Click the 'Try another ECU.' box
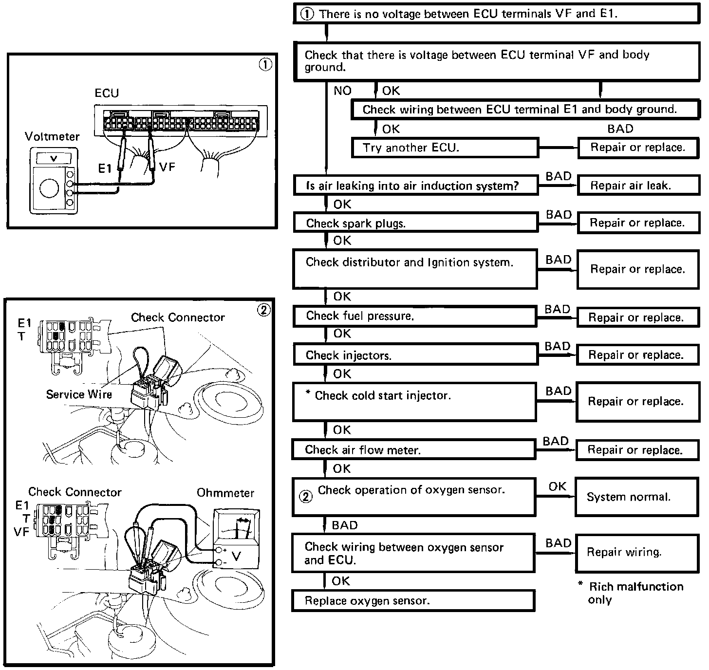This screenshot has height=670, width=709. tap(445, 148)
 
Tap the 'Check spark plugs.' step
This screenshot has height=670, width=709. tap(415, 223)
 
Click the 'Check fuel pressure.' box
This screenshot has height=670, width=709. tap(415, 316)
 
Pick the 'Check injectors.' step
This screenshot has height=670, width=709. tap(415, 355)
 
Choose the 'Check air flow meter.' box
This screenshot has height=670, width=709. tap(414, 450)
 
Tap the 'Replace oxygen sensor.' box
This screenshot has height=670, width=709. tap(413, 601)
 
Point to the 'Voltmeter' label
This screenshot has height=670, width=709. tap(52, 136)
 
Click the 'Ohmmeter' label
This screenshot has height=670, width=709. tap(225, 493)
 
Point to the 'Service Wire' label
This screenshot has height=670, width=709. tap(79, 394)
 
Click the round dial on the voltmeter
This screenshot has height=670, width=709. tap(49, 188)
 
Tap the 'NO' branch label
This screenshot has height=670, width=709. tap(342, 91)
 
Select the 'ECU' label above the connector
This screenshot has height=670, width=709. tap(107, 93)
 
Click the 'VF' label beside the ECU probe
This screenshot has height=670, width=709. tap(167, 167)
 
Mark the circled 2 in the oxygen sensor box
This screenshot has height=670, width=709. tap(305, 497)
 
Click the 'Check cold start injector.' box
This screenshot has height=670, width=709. tap(414, 402)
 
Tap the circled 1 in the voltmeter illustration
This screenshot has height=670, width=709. tap(265, 65)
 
